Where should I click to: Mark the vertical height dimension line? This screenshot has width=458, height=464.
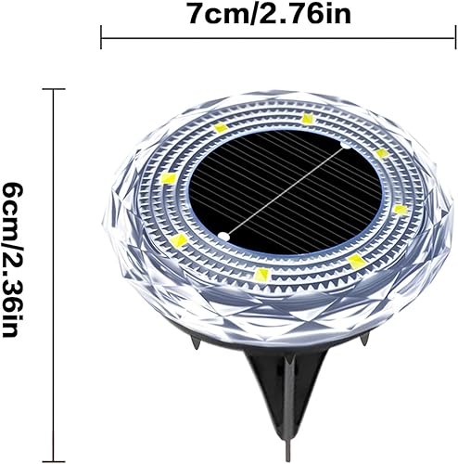53,260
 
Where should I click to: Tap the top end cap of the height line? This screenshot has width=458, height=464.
53,89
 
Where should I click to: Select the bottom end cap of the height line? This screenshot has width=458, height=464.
53,432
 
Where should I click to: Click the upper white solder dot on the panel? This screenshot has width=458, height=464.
345,147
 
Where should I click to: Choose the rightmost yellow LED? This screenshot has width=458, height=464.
400,209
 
